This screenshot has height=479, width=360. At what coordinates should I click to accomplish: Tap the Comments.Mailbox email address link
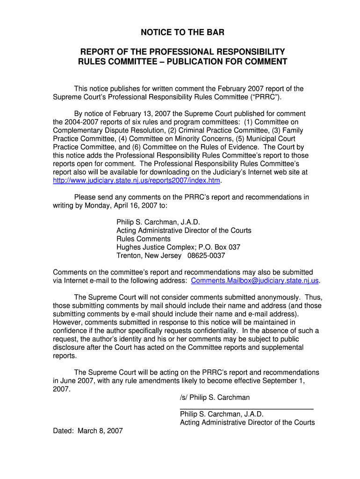click(255, 281)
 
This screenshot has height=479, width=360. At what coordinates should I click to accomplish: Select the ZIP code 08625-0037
click(206, 256)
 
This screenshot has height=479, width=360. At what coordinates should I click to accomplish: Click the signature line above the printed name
click(246, 409)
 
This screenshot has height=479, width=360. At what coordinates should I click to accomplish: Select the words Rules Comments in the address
click(144, 239)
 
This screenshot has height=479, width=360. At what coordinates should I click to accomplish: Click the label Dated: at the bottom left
click(64, 431)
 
